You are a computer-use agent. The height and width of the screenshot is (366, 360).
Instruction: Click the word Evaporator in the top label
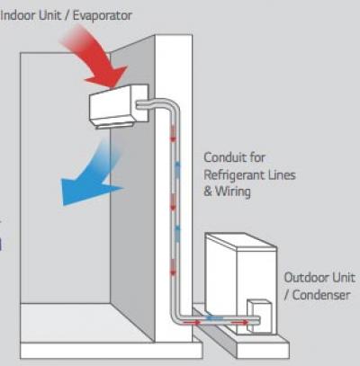[x=102, y=16]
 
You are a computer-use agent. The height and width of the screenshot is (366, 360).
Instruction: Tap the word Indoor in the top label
[x=15, y=15]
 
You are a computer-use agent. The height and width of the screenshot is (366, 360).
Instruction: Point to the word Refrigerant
[x=233, y=175]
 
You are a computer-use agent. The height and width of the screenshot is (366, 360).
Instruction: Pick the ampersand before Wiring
[x=208, y=191]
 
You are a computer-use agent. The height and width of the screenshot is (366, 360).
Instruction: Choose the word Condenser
[x=321, y=295]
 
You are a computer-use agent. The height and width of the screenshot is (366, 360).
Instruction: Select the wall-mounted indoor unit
[x=119, y=105]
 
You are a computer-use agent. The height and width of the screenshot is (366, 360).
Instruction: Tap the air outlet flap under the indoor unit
[x=115, y=126]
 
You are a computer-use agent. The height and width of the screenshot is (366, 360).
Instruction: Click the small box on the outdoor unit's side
[x=259, y=316]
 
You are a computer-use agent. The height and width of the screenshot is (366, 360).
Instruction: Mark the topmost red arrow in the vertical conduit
[x=173, y=134]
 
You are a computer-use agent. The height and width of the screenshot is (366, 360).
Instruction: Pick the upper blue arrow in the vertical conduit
[x=177, y=170]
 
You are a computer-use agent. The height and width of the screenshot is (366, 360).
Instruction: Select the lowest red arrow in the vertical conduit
[x=173, y=267]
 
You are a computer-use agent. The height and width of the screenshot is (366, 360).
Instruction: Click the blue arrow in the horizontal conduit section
[x=215, y=317]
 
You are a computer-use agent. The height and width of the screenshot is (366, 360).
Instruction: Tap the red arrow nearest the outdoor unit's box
[x=240, y=323]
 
